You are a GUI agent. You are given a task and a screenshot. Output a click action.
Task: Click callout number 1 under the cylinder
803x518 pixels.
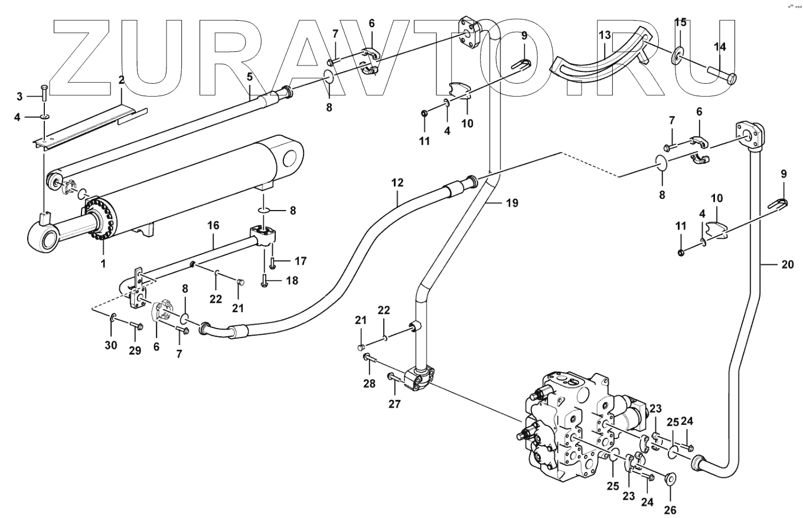[x=103, y=264]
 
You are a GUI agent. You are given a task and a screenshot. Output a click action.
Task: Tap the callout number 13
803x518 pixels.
[x=605, y=36]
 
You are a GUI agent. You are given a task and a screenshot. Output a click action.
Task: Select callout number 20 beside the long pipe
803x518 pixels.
[x=788, y=264]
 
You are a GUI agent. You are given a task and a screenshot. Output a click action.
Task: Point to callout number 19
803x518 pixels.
[x=512, y=203]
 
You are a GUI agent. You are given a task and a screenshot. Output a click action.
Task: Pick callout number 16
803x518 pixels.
[x=213, y=225]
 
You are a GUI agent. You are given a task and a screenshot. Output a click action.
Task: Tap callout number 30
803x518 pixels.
[x=111, y=345]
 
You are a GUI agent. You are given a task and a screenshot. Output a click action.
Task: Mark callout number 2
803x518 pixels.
[x=121, y=80]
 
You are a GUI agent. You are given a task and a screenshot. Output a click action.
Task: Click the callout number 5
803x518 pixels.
[x=250, y=77]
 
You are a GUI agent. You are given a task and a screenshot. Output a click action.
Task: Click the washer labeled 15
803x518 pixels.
[x=678, y=55]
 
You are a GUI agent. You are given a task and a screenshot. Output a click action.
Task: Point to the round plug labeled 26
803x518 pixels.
[x=671, y=478]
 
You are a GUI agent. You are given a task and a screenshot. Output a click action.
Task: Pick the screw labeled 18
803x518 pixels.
[x=266, y=281]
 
